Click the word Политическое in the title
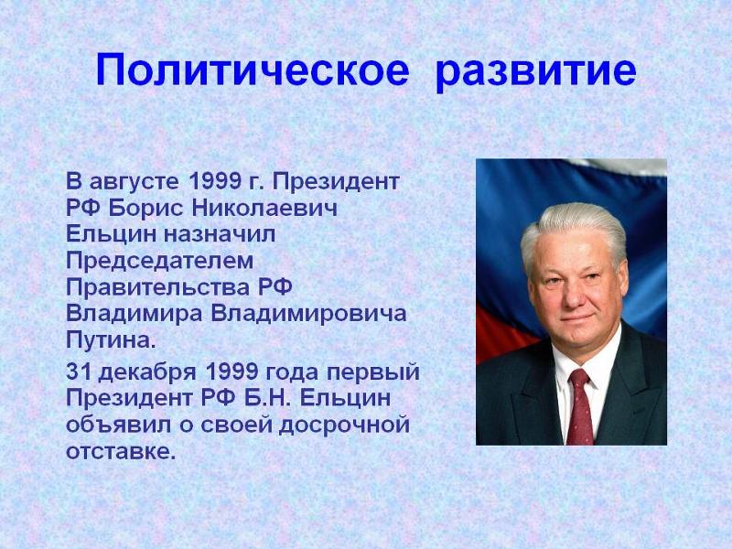coord(253,70)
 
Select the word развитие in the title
coord(536,71)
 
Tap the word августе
coord(134,182)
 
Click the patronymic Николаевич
coord(264,209)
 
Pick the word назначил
coord(220,234)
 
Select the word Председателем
coord(159,261)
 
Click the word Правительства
coord(158,287)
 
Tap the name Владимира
coord(134,314)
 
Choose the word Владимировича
coord(308,314)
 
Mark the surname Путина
coord(110,339)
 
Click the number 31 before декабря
coord(78,372)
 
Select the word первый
coord(373,373)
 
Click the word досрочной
coord(345,425)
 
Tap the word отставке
coord(121,452)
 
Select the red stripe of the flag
coord(503,332)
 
